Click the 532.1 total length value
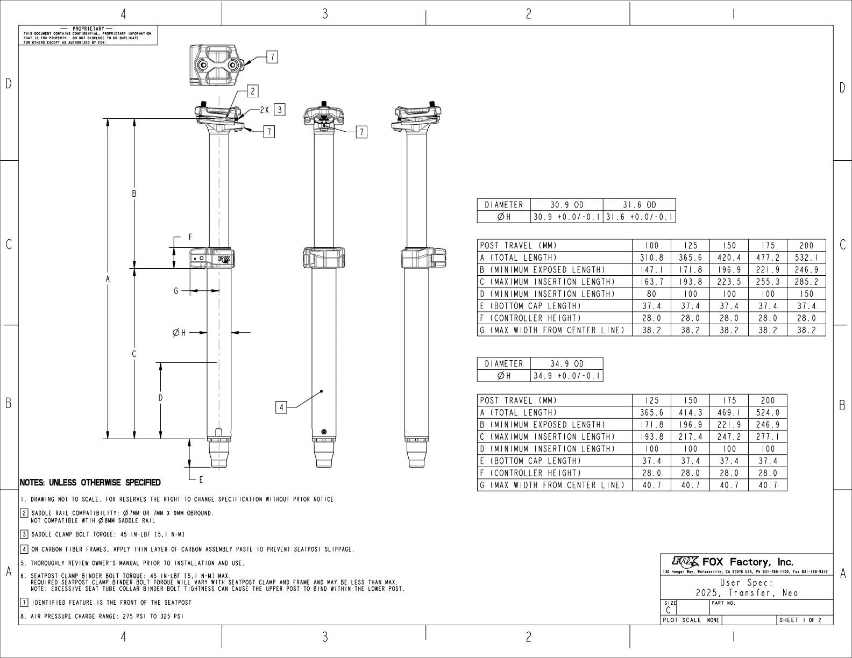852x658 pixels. click(806, 258)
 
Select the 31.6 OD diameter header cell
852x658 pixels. click(639, 205)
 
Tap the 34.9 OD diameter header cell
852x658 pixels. click(566, 364)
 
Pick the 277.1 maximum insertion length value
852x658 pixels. click(768, 437)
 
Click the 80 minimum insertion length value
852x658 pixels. click(651, 294)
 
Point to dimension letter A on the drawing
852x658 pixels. click(108, 279)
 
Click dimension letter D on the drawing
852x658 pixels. click(160, 398)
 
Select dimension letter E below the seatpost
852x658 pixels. click(201, 480)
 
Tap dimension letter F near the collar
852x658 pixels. click(190, 237)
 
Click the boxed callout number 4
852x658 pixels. click(281, 407)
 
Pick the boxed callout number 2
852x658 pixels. click(252, 91)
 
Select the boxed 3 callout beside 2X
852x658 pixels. click(279, 110)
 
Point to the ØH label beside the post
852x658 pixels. click(179, 333)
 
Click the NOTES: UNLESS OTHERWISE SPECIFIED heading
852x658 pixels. click(90, 483)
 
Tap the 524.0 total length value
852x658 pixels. click(768, 413)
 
